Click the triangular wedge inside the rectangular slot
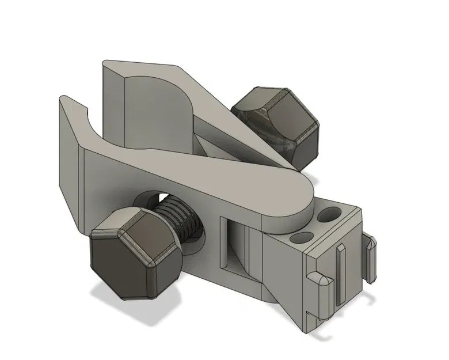tap(242, 253)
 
